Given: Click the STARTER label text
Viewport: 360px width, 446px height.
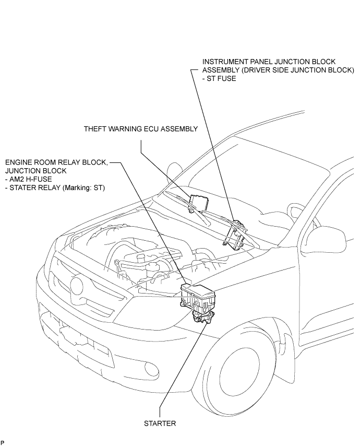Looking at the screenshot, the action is click(x=160, y=424).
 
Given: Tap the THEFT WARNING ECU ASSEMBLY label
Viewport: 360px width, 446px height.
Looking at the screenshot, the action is click(x=141, y=129).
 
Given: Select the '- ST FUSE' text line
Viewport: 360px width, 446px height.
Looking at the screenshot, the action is click(x=219, y=78).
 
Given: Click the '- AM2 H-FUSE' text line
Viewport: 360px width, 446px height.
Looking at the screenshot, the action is click(x=28, y=179).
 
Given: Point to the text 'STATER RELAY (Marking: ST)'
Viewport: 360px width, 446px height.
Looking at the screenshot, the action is click(x=57, y=187).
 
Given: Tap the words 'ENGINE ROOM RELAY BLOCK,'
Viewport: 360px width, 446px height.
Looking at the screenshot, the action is click(x=56, y=162).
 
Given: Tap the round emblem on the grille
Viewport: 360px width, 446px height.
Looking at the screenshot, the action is click(x=77, y=287).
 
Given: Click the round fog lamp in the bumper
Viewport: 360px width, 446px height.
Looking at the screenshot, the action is click(x=152, y=369).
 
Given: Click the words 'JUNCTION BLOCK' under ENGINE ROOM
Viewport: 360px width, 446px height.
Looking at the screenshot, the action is click(x=36, y=171).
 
